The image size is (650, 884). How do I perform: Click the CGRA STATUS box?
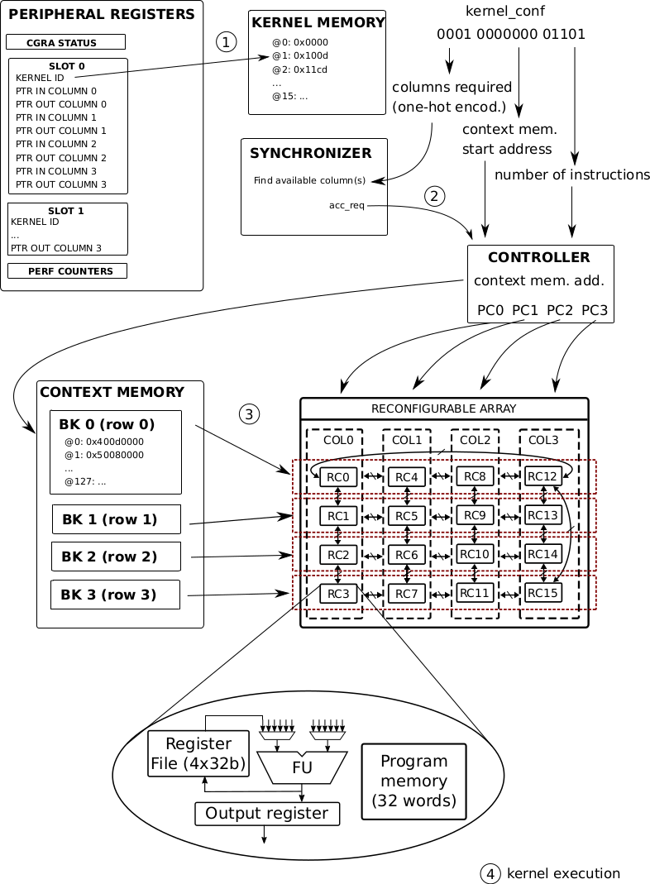[65, 42]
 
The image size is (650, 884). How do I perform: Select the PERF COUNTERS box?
[66, 270]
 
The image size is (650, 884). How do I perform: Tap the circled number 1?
[226, 41]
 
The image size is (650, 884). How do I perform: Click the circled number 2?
[435, 196]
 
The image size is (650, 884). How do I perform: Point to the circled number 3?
[249, 414]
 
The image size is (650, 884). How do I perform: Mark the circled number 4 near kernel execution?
[490, 873]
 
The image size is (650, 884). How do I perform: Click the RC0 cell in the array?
[337, 477]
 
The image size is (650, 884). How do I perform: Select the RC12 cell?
[542, 476]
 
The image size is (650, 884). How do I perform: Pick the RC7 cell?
[406, 593]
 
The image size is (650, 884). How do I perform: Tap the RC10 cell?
[474, 553]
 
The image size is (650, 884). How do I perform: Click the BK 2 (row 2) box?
[116, 557]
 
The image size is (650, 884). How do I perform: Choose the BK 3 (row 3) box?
[116, 595]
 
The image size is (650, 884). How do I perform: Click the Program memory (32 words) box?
[414, 781]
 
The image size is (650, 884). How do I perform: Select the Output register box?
[267, 814]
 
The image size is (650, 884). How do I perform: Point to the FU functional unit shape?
[301, 767]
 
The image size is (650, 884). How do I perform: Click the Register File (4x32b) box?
[198, 753]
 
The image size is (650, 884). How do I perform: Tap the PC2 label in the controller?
[560, 310]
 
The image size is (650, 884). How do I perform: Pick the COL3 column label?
[544, 440]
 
